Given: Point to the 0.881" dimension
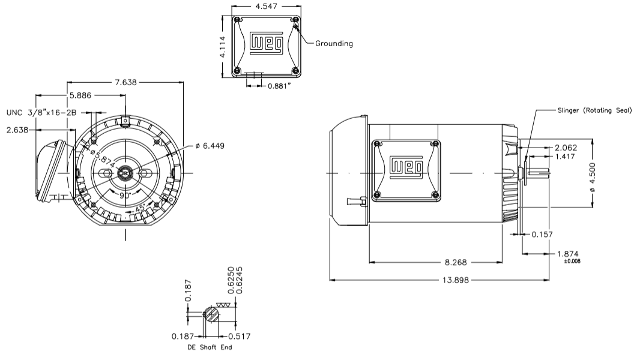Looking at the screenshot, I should tap(280, 85).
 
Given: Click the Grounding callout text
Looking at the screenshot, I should tap(334, 43).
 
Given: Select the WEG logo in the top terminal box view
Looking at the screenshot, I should tap(265, 44).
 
